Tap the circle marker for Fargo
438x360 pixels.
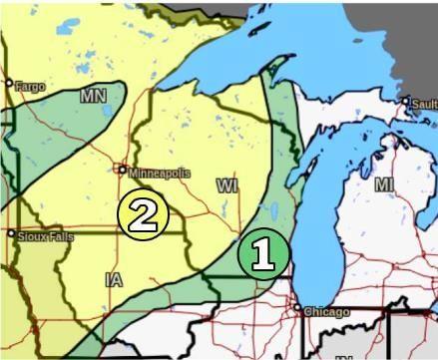(9, 84)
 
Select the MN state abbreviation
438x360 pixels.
(93, 97)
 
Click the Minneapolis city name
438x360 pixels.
(159, 173)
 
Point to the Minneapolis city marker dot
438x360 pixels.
(123, 170)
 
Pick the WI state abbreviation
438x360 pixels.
(227, 185)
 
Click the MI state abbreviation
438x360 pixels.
(384, 184)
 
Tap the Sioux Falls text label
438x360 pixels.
(45, 236)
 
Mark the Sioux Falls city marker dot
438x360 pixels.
(11, 234)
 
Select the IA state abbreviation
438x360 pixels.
(114, 281)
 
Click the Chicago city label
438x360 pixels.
(326, 312)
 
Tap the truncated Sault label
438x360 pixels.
(425, 103)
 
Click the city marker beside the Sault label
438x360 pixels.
(407, 102)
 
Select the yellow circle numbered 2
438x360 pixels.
(142, 214)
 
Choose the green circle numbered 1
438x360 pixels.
(263, 254)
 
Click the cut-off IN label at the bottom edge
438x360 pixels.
(344, 356)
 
